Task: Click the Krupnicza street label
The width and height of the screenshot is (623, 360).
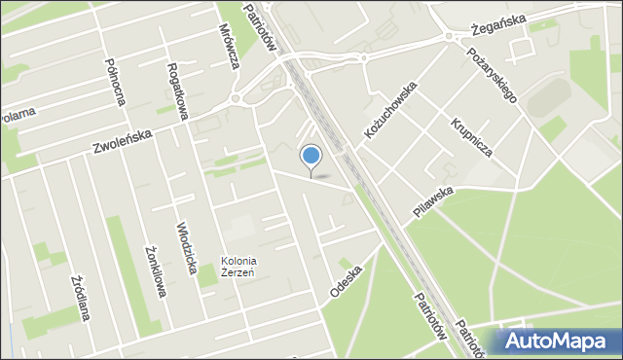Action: pyautogui.click(x=471, y=137)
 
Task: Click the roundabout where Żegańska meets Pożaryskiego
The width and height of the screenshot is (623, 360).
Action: pyautogui.click(x=449, y=36)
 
